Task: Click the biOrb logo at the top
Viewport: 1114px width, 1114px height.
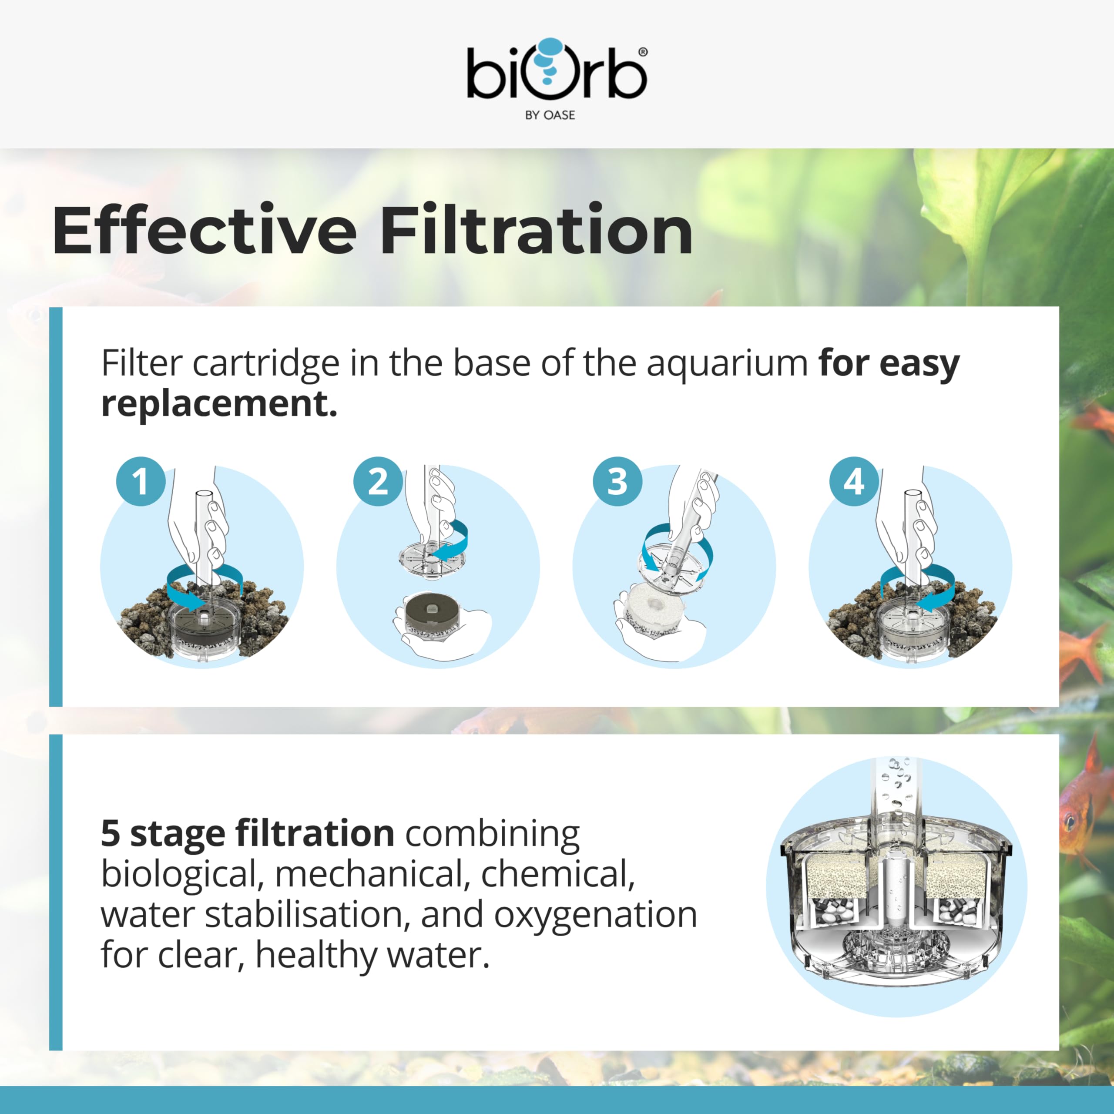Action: click(557, 78)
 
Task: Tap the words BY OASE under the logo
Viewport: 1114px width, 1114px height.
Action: click(550, 115)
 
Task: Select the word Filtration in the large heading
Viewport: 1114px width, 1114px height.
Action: click(536, 229)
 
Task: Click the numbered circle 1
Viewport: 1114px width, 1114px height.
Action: click(140, 481)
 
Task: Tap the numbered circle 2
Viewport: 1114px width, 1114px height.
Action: click(378, 481)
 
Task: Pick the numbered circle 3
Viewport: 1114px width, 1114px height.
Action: click(617, 481)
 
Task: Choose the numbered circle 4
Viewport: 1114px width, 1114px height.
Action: click(854, 481)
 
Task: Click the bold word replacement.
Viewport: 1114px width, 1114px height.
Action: click(219, 405)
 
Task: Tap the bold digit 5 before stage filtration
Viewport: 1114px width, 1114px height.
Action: click(111, 834)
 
